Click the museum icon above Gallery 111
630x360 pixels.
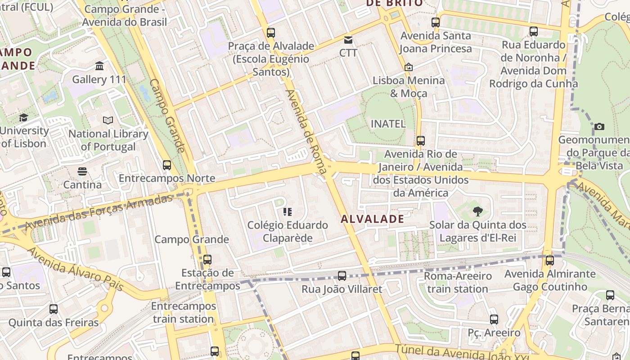(x=99, y=66)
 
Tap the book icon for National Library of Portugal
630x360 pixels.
(x=108, y=120)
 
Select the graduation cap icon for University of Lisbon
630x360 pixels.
(x=23, y=117)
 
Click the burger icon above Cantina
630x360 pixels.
(x=82, y=171)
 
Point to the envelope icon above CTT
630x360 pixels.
(x=348, y=40)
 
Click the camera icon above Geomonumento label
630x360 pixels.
(x=599, y=126)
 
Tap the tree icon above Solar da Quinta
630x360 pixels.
(x=477, y=211)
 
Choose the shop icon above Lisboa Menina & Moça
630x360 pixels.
(x=408, y=67)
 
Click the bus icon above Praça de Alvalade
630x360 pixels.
(x=270, y=32)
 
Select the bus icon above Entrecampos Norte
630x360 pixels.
(x=167, y=165)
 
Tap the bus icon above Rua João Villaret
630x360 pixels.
(x=342, y=275)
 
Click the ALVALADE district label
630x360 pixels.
(x=372, y=219)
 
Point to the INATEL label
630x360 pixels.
(x=388, y=124)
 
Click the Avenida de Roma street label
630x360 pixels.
(x=306, y=132)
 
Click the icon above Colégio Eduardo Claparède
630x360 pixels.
(x=288, y=211)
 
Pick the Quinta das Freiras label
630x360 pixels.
(x=53, y=323)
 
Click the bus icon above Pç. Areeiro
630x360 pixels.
(x=494, y=319)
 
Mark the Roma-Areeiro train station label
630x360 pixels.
(x=458, y=282)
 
